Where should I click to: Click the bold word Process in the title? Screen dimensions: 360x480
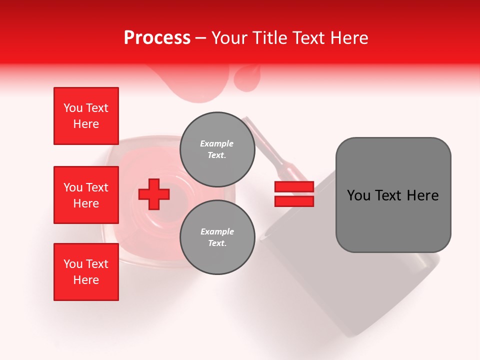pyautogui.click(x=157, y=38)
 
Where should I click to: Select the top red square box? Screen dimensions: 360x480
pyautogui.click(x=86, y=116)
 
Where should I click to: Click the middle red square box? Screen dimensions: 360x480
pyautogui.click(x=86, y=195)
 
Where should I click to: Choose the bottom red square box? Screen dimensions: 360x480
pyautogui.click(x=86, y=272)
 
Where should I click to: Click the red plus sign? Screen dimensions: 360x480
pyautogui.click(x=154, y=194)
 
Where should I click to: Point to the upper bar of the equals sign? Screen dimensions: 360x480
pyautogui.click(x=294, y=187)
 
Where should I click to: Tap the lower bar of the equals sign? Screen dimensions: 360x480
pyautogui.click(x=294, y=201)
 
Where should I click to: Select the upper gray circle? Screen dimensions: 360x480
pyautogui.click(x=217, y=149)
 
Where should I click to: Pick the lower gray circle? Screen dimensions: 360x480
pyautogui.click(x=217, y=237)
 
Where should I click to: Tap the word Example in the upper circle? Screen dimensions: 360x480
pyautogui.click(x=216, y=143)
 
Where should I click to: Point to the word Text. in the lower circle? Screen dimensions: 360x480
pyautogui.click(x=217, y=243)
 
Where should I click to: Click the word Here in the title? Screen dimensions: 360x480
pyautogui.click(x=350, y=38)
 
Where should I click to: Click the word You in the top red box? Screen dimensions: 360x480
pyautogui.click(x=73, y=108)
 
